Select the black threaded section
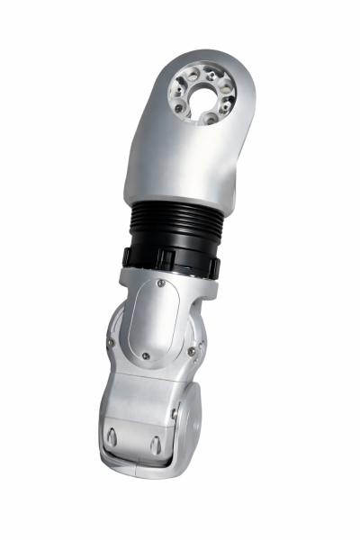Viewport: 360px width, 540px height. coord(175,221)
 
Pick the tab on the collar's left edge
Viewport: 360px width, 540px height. coord(126,256)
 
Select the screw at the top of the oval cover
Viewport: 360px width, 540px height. coord(160,283)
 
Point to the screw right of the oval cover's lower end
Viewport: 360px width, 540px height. coord(192,351)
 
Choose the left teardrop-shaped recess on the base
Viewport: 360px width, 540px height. coord(112,437)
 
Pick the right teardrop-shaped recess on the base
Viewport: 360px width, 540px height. coord(154,444)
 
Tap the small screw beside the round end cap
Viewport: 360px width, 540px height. coord(175,414)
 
